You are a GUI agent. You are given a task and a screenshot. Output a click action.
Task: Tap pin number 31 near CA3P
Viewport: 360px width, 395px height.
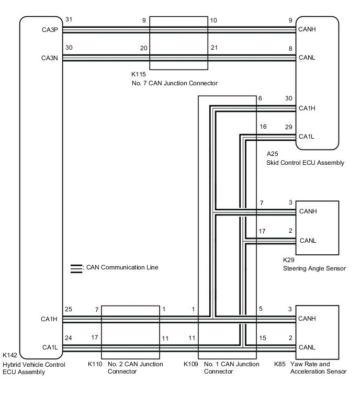(x=69, y=20)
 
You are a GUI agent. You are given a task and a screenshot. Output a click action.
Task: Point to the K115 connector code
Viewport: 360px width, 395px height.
(x=139, y=75)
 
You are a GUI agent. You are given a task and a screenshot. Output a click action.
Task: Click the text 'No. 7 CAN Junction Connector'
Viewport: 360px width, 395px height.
(x=174, y=83)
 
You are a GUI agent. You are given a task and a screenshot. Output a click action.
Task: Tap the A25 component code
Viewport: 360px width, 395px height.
(x=272, y=154)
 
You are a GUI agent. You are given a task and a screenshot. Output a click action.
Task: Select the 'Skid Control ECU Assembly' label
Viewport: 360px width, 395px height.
(x=305, y=163)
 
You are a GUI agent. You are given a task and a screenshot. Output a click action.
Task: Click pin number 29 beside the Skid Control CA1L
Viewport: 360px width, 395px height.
(x=288, y=127)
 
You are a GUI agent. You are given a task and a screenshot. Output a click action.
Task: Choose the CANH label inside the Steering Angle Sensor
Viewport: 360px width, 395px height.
(x=307, y=211)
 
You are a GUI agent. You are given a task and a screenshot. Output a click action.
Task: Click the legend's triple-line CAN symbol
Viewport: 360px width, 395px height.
(x=76, y=268)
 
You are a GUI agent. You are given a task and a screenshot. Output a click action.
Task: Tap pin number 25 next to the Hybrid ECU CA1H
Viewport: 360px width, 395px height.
(x=69, y=309)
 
